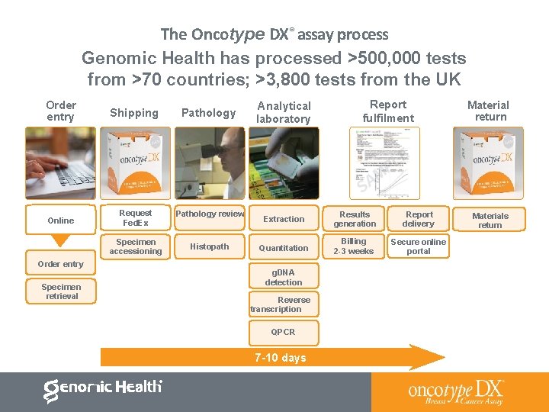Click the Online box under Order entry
[x=61, y=220]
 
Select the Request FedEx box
[x=136, y=217]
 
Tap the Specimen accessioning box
[x=136, y=246]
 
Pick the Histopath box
[x=210, y=246]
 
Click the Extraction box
[x=284, y=219]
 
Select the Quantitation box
[x=284, y=247]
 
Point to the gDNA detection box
[x=284, y=277]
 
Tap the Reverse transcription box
[x=284, y=304]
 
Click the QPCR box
[x=284, y=332]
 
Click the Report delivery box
[x=419, y=219]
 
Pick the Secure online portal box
[x=419, y=246]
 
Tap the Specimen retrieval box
[x=62, y=291]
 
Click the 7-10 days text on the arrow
[x=282, y=358]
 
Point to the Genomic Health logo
[x=103, y=389]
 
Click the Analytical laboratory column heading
[x=284, y=112]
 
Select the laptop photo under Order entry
[x=60, y=163]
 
